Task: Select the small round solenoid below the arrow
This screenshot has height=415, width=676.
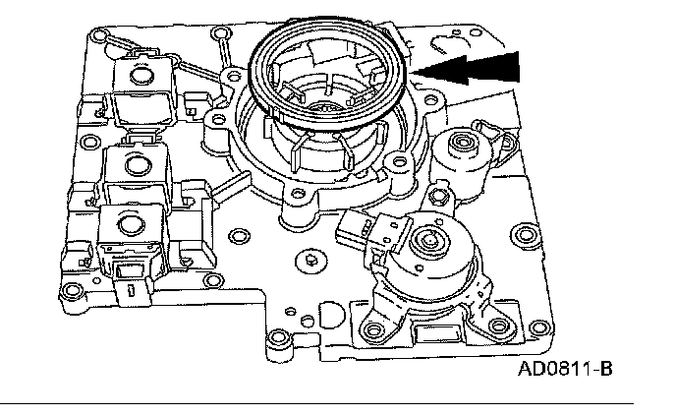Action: pos(456,148)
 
